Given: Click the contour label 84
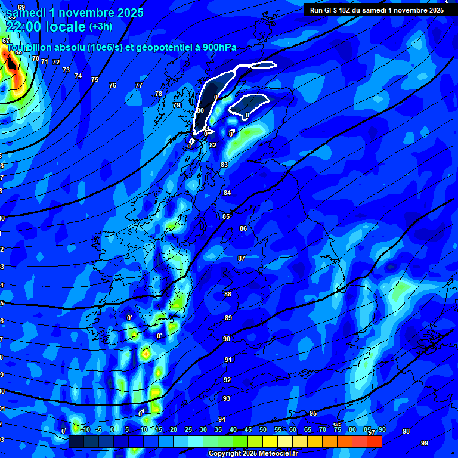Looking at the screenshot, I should coord(227,193).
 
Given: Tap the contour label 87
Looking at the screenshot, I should coord(242,258).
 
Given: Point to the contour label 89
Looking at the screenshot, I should coord(228,318).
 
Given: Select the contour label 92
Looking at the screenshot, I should coord(227,380).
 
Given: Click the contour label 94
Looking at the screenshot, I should coord(222,419).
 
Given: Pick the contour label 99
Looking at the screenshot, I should coord(425,443).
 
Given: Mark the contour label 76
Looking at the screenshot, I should coord(113,85).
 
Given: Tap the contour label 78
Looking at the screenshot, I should coord(159,94).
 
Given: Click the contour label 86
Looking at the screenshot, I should coord(243,228).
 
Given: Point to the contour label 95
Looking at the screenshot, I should coord(313,413).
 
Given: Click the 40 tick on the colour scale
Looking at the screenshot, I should coord(233,429).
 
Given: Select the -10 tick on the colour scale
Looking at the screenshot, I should coord(85,429).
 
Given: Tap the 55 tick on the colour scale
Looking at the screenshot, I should coord(278,429).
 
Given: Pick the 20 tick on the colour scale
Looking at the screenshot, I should coord(174,429).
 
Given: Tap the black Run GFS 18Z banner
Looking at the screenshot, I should coord(377,10).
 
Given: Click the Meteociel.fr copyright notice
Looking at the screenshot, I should coord(253,454).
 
